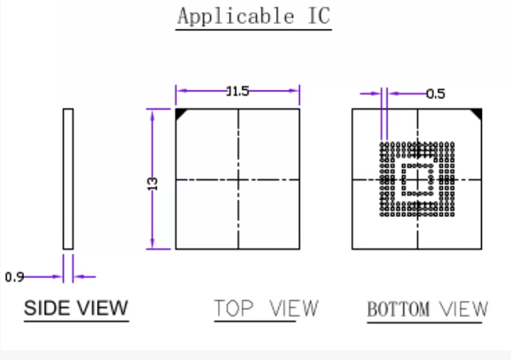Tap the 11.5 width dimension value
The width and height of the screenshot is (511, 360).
coord(238,92)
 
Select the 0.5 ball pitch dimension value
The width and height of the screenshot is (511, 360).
coord(435,94)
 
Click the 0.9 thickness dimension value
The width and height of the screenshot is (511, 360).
coord(14,277)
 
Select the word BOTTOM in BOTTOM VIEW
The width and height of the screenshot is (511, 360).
coord(398,309)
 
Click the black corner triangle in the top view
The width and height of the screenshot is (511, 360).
coord(181,113)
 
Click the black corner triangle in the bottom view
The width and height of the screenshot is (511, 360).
coord(477,113)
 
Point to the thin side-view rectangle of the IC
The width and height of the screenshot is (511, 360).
coord(68,179)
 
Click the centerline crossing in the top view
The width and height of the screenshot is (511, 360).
coord(238,180)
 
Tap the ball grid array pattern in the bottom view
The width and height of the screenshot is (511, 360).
coord(417,180)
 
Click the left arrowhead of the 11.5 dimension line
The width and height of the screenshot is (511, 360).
coord(180,92)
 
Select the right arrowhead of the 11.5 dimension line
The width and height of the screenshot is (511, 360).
coord(296,92)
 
